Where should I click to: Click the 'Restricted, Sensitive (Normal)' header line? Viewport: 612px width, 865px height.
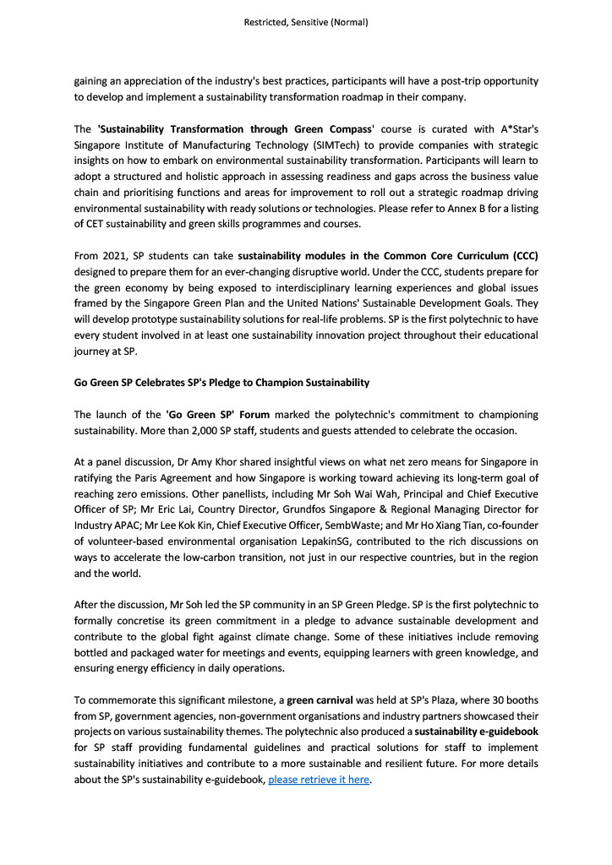305,23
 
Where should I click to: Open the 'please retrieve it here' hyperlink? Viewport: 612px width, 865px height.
319,780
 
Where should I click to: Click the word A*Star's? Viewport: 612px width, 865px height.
515,129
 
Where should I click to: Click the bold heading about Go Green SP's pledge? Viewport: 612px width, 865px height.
221,383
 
